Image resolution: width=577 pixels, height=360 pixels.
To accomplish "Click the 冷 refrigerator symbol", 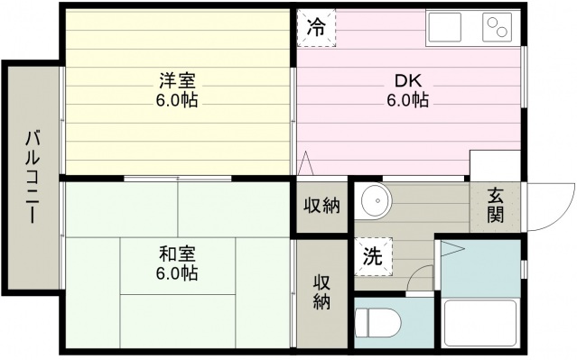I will tap(316, 28).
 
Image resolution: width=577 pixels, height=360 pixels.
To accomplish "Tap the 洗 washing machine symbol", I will tap(373, 254).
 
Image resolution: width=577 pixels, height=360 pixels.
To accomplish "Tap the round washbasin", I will tap(372, 199).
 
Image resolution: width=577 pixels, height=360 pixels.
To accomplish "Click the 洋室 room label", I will tap(177, 78).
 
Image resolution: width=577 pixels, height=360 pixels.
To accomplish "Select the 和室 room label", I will tap(177, 254).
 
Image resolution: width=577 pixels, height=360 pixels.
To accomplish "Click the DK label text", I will tap(408, 78).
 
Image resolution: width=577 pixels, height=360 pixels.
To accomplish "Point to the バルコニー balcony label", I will tap(32, 177).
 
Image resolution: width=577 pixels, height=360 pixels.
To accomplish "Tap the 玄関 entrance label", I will tap(497, 204).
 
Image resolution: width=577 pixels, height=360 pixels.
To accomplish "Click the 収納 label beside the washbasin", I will tap(321, 206).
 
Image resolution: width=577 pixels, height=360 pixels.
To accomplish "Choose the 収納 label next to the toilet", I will tap(322, 291).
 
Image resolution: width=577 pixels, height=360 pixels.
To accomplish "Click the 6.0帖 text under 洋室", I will tap(177, 98).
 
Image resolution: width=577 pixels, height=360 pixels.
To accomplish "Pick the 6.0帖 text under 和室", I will tap(177, 272).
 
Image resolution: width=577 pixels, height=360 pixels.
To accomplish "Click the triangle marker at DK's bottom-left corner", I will tap(306, 163).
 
